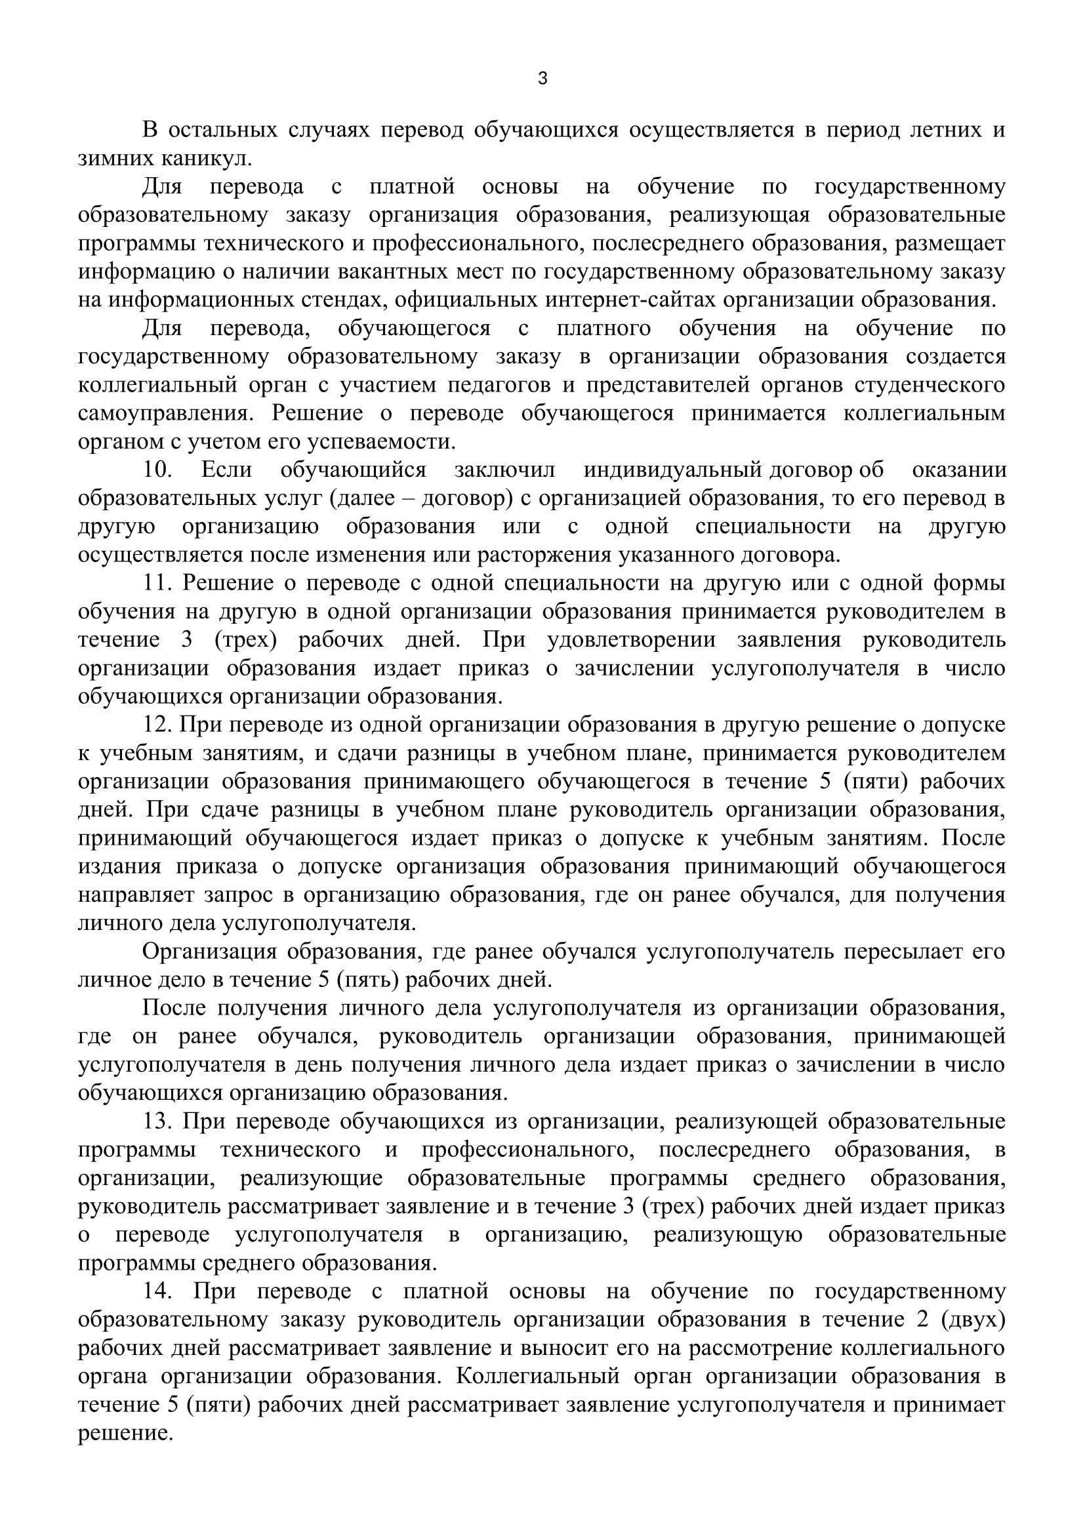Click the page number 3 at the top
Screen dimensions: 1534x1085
[542, 79]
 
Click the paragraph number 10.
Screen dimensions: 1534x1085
[157, 470]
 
